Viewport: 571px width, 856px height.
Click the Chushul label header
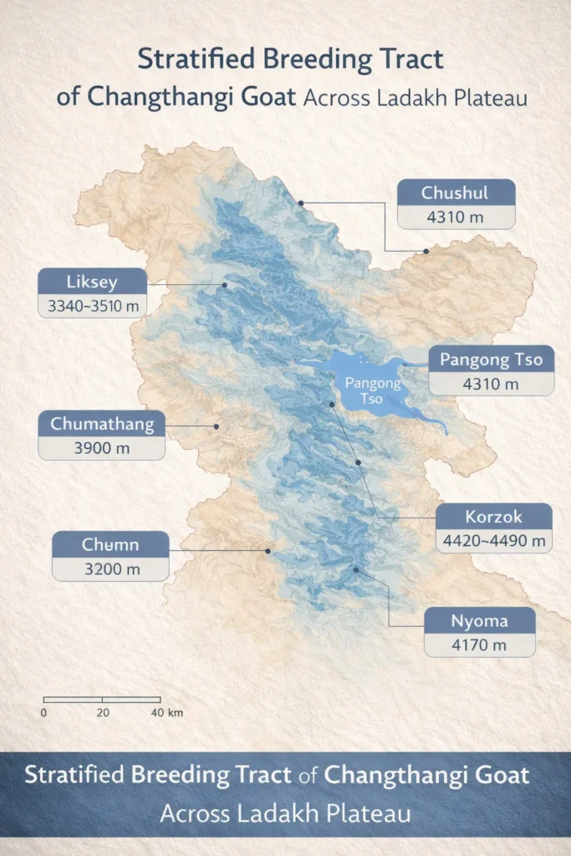pos(456,193)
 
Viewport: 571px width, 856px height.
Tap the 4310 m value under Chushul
pos(456,217)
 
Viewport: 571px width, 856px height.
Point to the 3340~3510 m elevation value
pos(92,306)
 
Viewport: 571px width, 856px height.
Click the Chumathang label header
pos(102,424)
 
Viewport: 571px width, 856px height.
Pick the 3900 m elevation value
pos(102,448)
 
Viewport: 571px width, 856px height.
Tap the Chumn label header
pos(110,545)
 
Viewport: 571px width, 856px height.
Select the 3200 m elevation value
pos(110,569)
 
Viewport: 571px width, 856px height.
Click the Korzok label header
pos(495,516)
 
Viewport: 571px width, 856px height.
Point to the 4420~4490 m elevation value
pos(495,541)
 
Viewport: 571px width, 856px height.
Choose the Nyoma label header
pos(479,620)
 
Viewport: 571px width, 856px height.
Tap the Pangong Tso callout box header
pos(491,360)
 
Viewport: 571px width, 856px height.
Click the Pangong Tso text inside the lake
pos(373,390)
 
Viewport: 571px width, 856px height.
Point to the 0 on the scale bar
pos(43,713)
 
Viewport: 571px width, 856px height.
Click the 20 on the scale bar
pos(102,713)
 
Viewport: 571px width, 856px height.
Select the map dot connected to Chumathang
pos(216,426)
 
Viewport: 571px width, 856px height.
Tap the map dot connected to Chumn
pos(268,551)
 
